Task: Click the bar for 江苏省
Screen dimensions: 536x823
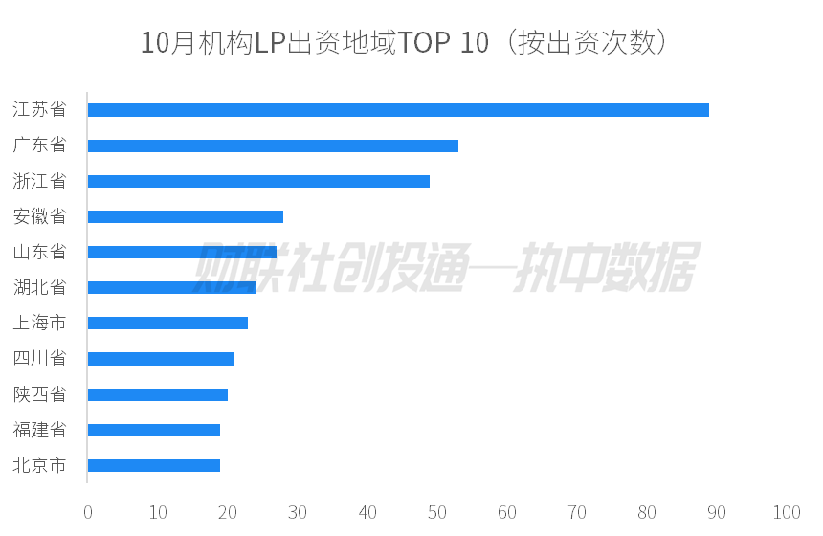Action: (398, 110)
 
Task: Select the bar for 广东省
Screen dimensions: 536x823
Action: (273, 145)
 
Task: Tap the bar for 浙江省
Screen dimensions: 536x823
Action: (258, 181)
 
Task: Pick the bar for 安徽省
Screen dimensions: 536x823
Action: (186, 216)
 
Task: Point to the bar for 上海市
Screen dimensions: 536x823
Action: (167, 323)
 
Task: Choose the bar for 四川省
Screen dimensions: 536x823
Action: (161, 359)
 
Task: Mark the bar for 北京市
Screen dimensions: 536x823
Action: (154, 465)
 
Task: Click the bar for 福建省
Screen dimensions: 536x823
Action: (154, 430)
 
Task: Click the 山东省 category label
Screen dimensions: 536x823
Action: (39, 252)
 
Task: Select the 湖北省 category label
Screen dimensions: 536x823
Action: (39, 287)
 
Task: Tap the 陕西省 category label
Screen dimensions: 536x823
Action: (39, 394)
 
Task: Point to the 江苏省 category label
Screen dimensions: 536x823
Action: (39, 110)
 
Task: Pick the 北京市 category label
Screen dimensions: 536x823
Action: (39, 465)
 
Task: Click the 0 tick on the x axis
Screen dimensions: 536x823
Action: (88, 512)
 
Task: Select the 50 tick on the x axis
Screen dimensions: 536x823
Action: (437, 512)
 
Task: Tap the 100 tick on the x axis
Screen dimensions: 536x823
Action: (787, 512)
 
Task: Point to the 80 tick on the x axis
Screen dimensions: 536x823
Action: (647, 512)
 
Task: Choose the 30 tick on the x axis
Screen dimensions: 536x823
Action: (298, 512)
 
